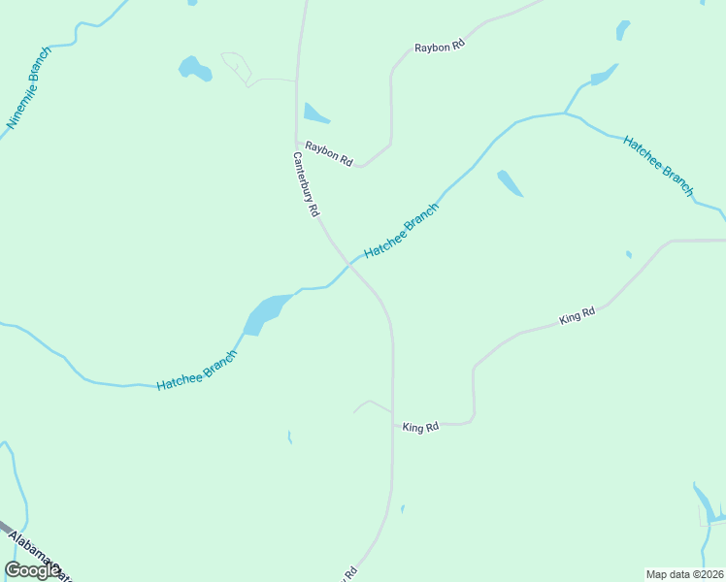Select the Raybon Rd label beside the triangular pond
point(329,153)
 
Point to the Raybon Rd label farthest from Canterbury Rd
point(440,47)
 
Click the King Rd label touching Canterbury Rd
point(420,427)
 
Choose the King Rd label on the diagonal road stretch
point(577,315)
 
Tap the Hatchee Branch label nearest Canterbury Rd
point(402,231)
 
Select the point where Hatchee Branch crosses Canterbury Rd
point(346,261)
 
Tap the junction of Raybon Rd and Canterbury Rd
point(296,143)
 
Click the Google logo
point(32,570)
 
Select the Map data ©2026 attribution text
point(684,573)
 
